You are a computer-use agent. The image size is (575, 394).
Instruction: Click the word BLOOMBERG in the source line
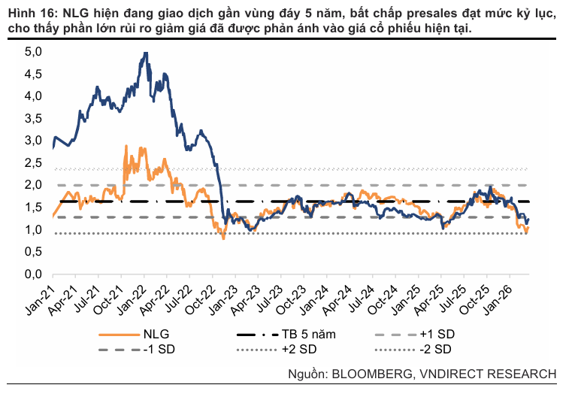click(x=377, y=374)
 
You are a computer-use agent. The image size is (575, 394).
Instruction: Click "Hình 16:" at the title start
click(x=31, y=14)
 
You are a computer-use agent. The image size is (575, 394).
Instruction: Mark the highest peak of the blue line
click(x=145, y=53)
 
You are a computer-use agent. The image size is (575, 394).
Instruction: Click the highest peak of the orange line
click(x=124, y=147)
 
